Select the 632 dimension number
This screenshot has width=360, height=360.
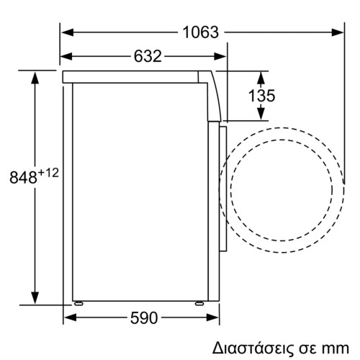click(x=145, y=55)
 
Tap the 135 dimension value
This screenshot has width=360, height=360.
click(x=248, y=96)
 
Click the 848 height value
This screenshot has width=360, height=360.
click(x=24, y=177)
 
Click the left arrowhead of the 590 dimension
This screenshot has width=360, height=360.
click(x=69, y=318)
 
